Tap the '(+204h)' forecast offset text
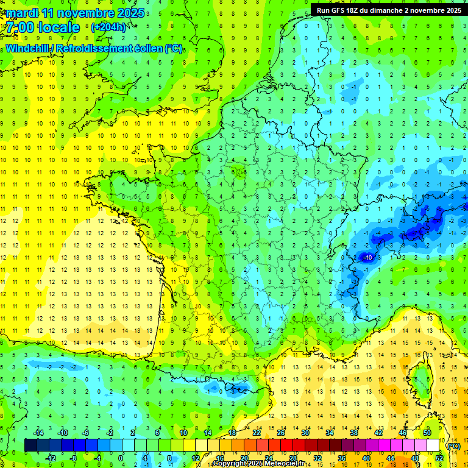pyautogui.click(x=108, y=27)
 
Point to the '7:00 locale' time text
pyautogui.click(x=43, y=27)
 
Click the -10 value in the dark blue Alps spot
pyautogui.click(x=367, y=258)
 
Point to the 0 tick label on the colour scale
pyautogui.click(x=121, y=458)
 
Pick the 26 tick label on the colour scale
pyautogui.click(x=282, y=433)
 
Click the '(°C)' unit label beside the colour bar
pyautogui.click(x=453, y=446)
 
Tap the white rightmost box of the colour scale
pyautogui.click(x=433, y=445)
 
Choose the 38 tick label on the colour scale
pyautogui.click(x=353, y=433)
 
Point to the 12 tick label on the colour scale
pyautogui.click(x=195, y=458)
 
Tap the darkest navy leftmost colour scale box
pyautogui.click(x=30, y=445)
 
